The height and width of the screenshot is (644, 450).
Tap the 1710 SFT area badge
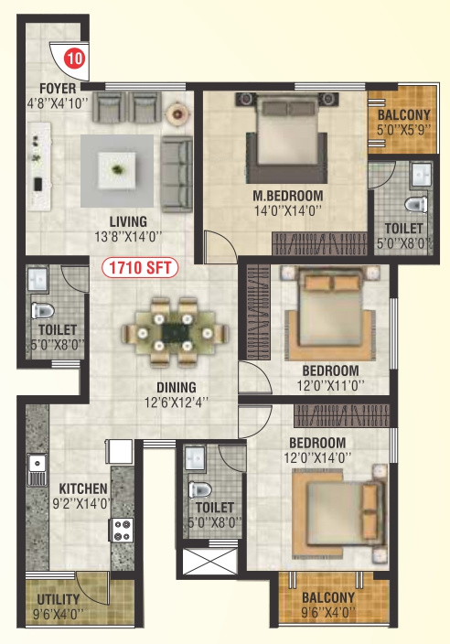point(140,268)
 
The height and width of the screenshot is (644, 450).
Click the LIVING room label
point(129,221)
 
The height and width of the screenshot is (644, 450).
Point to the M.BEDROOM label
point(288,196)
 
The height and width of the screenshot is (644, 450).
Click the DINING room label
point(176,387)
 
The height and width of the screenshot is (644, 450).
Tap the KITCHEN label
point(83,488)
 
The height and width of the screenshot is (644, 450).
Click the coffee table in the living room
point(115,168)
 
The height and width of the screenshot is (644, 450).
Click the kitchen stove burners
point(121,528)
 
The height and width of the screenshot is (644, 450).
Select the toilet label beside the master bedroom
point(403,228)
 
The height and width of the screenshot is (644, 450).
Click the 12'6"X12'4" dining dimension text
point(176,401)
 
